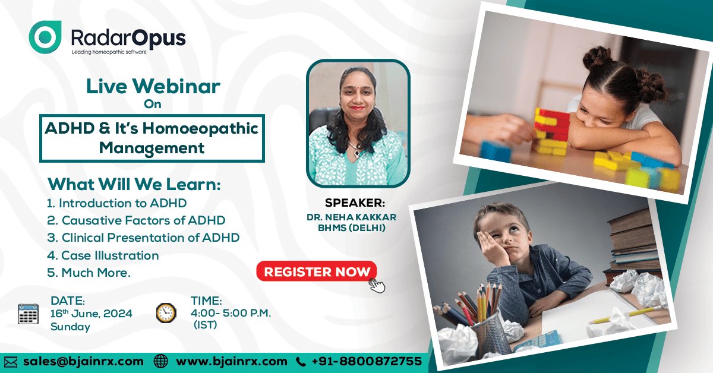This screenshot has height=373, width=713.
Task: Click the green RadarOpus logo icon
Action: click(x=45, y=37)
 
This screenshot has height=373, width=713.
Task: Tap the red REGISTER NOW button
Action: click(x=316, y=271)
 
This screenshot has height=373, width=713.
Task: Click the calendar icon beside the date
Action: click(x=28, y=314)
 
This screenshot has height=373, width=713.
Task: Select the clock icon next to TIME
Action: click(x=166, y=313)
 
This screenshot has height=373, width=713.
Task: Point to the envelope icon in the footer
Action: click(x=11, y=362)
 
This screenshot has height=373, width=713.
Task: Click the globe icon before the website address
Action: click(x=161, y=362)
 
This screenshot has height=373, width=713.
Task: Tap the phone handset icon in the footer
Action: click(x=301, y=362)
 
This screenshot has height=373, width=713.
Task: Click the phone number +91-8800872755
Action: click(x=367, y=361)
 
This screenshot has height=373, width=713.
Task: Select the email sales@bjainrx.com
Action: click(x=83, y=362)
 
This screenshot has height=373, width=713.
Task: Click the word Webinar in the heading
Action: click(x=176, y=86)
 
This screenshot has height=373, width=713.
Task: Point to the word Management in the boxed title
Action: click(x=152, y=148)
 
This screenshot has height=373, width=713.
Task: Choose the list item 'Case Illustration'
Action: click(x=103, y=255)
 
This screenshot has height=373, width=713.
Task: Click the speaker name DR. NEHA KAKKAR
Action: click(x=351, y=217)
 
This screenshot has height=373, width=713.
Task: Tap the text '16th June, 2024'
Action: click(x=92, y=314)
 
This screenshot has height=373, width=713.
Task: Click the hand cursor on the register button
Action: click(x=377, y=286)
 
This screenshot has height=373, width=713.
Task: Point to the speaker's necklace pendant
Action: click(x=356, y=153)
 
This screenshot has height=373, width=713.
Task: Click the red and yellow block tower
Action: click(x=551, y=131)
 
